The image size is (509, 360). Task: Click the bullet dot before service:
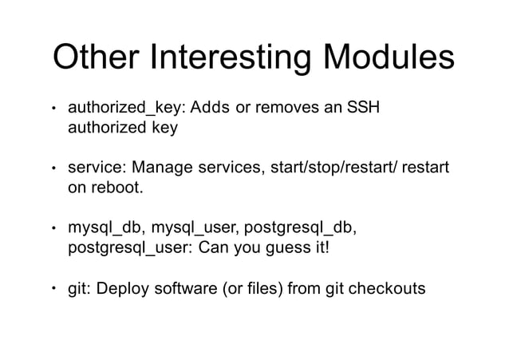(53, 168)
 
